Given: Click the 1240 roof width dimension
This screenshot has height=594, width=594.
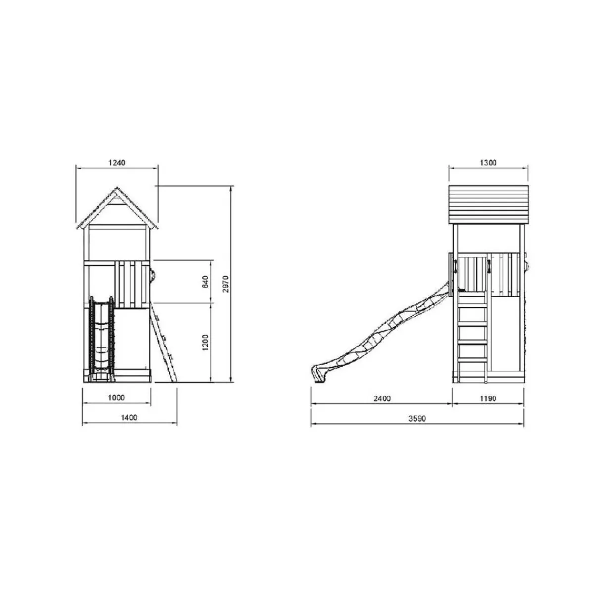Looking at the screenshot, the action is [x=117, y=162].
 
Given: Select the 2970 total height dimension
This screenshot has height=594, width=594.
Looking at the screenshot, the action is [x=226, y=284].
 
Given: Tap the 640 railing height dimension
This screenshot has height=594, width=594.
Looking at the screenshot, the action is [x=205, y=282].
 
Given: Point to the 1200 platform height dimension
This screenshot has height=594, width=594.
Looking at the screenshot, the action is [x=205, y=343].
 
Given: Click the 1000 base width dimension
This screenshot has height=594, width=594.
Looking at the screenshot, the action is [x=116, y=397].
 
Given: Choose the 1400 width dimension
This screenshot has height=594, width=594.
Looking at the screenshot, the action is [x=129, y=418].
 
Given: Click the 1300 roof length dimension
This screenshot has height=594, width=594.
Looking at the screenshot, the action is [x=488, y=162].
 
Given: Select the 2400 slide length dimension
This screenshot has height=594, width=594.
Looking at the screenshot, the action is [x=382, y=398].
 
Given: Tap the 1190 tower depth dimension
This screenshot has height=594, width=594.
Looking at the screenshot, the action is [x=488, y=398].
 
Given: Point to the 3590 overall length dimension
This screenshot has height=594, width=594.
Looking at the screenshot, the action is [x=417, y=419].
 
